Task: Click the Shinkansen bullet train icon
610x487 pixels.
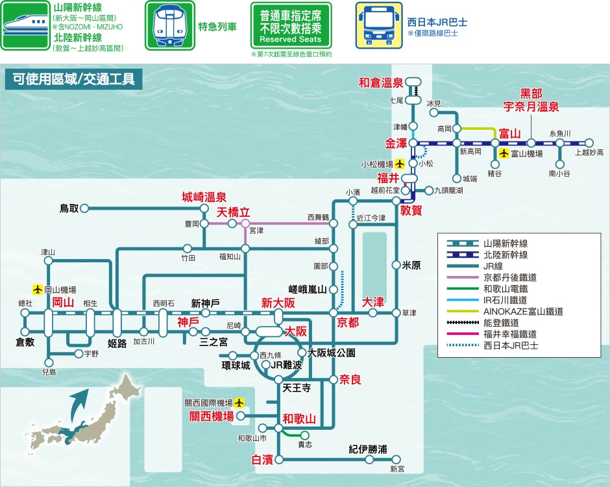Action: pos(25,26)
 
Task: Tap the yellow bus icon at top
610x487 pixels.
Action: pos(379,25)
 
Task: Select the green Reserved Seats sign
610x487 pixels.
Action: pos(291,25)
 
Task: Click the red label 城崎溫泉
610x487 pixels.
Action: pos(204,197)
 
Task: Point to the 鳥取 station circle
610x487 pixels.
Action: pos(84,208)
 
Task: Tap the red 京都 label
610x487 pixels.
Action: pos(348,322)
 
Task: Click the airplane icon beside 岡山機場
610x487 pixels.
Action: pos(38,289)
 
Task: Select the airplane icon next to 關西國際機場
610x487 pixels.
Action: pos(239,402)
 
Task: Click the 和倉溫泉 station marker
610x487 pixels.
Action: pos(413,82)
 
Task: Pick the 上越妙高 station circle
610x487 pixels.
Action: pos(589,143)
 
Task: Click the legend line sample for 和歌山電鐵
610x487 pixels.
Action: pos(463,289)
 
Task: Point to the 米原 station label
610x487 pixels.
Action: pos(411,266)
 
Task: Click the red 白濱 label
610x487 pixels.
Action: pos(262,460)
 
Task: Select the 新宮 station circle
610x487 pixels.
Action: pos(396,459)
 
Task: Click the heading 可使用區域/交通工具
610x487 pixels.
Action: pos(73,79)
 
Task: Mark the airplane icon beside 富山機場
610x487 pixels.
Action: pos(504,153)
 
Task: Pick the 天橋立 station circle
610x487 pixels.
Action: pos(245,223)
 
